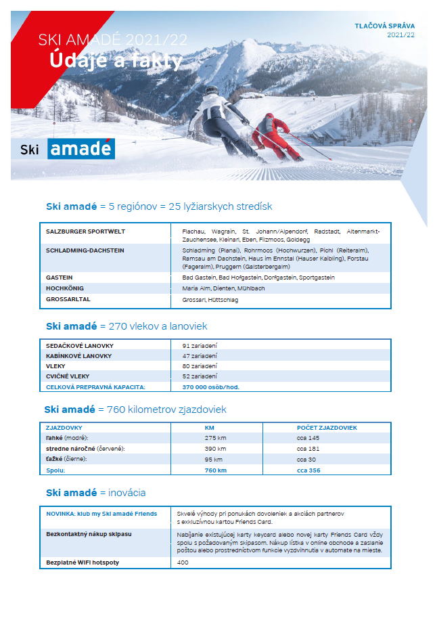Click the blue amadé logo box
[x=81, y=149]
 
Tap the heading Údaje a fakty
[x=116, y=62]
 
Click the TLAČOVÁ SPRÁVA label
[x=385, y=26]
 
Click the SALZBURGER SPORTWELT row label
[x=85, y=231]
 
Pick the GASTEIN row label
[x=60, y=278]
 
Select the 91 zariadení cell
[x=200, y=345]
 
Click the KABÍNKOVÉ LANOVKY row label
[x=78, y=355]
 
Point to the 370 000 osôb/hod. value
[x=211, y=387]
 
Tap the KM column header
[x=209, y=428]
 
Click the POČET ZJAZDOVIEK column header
[x=327, y=428]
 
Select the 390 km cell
[x=215, y=449]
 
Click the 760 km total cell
[x=215, y=470]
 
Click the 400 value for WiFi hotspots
[x=183, y=562]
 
